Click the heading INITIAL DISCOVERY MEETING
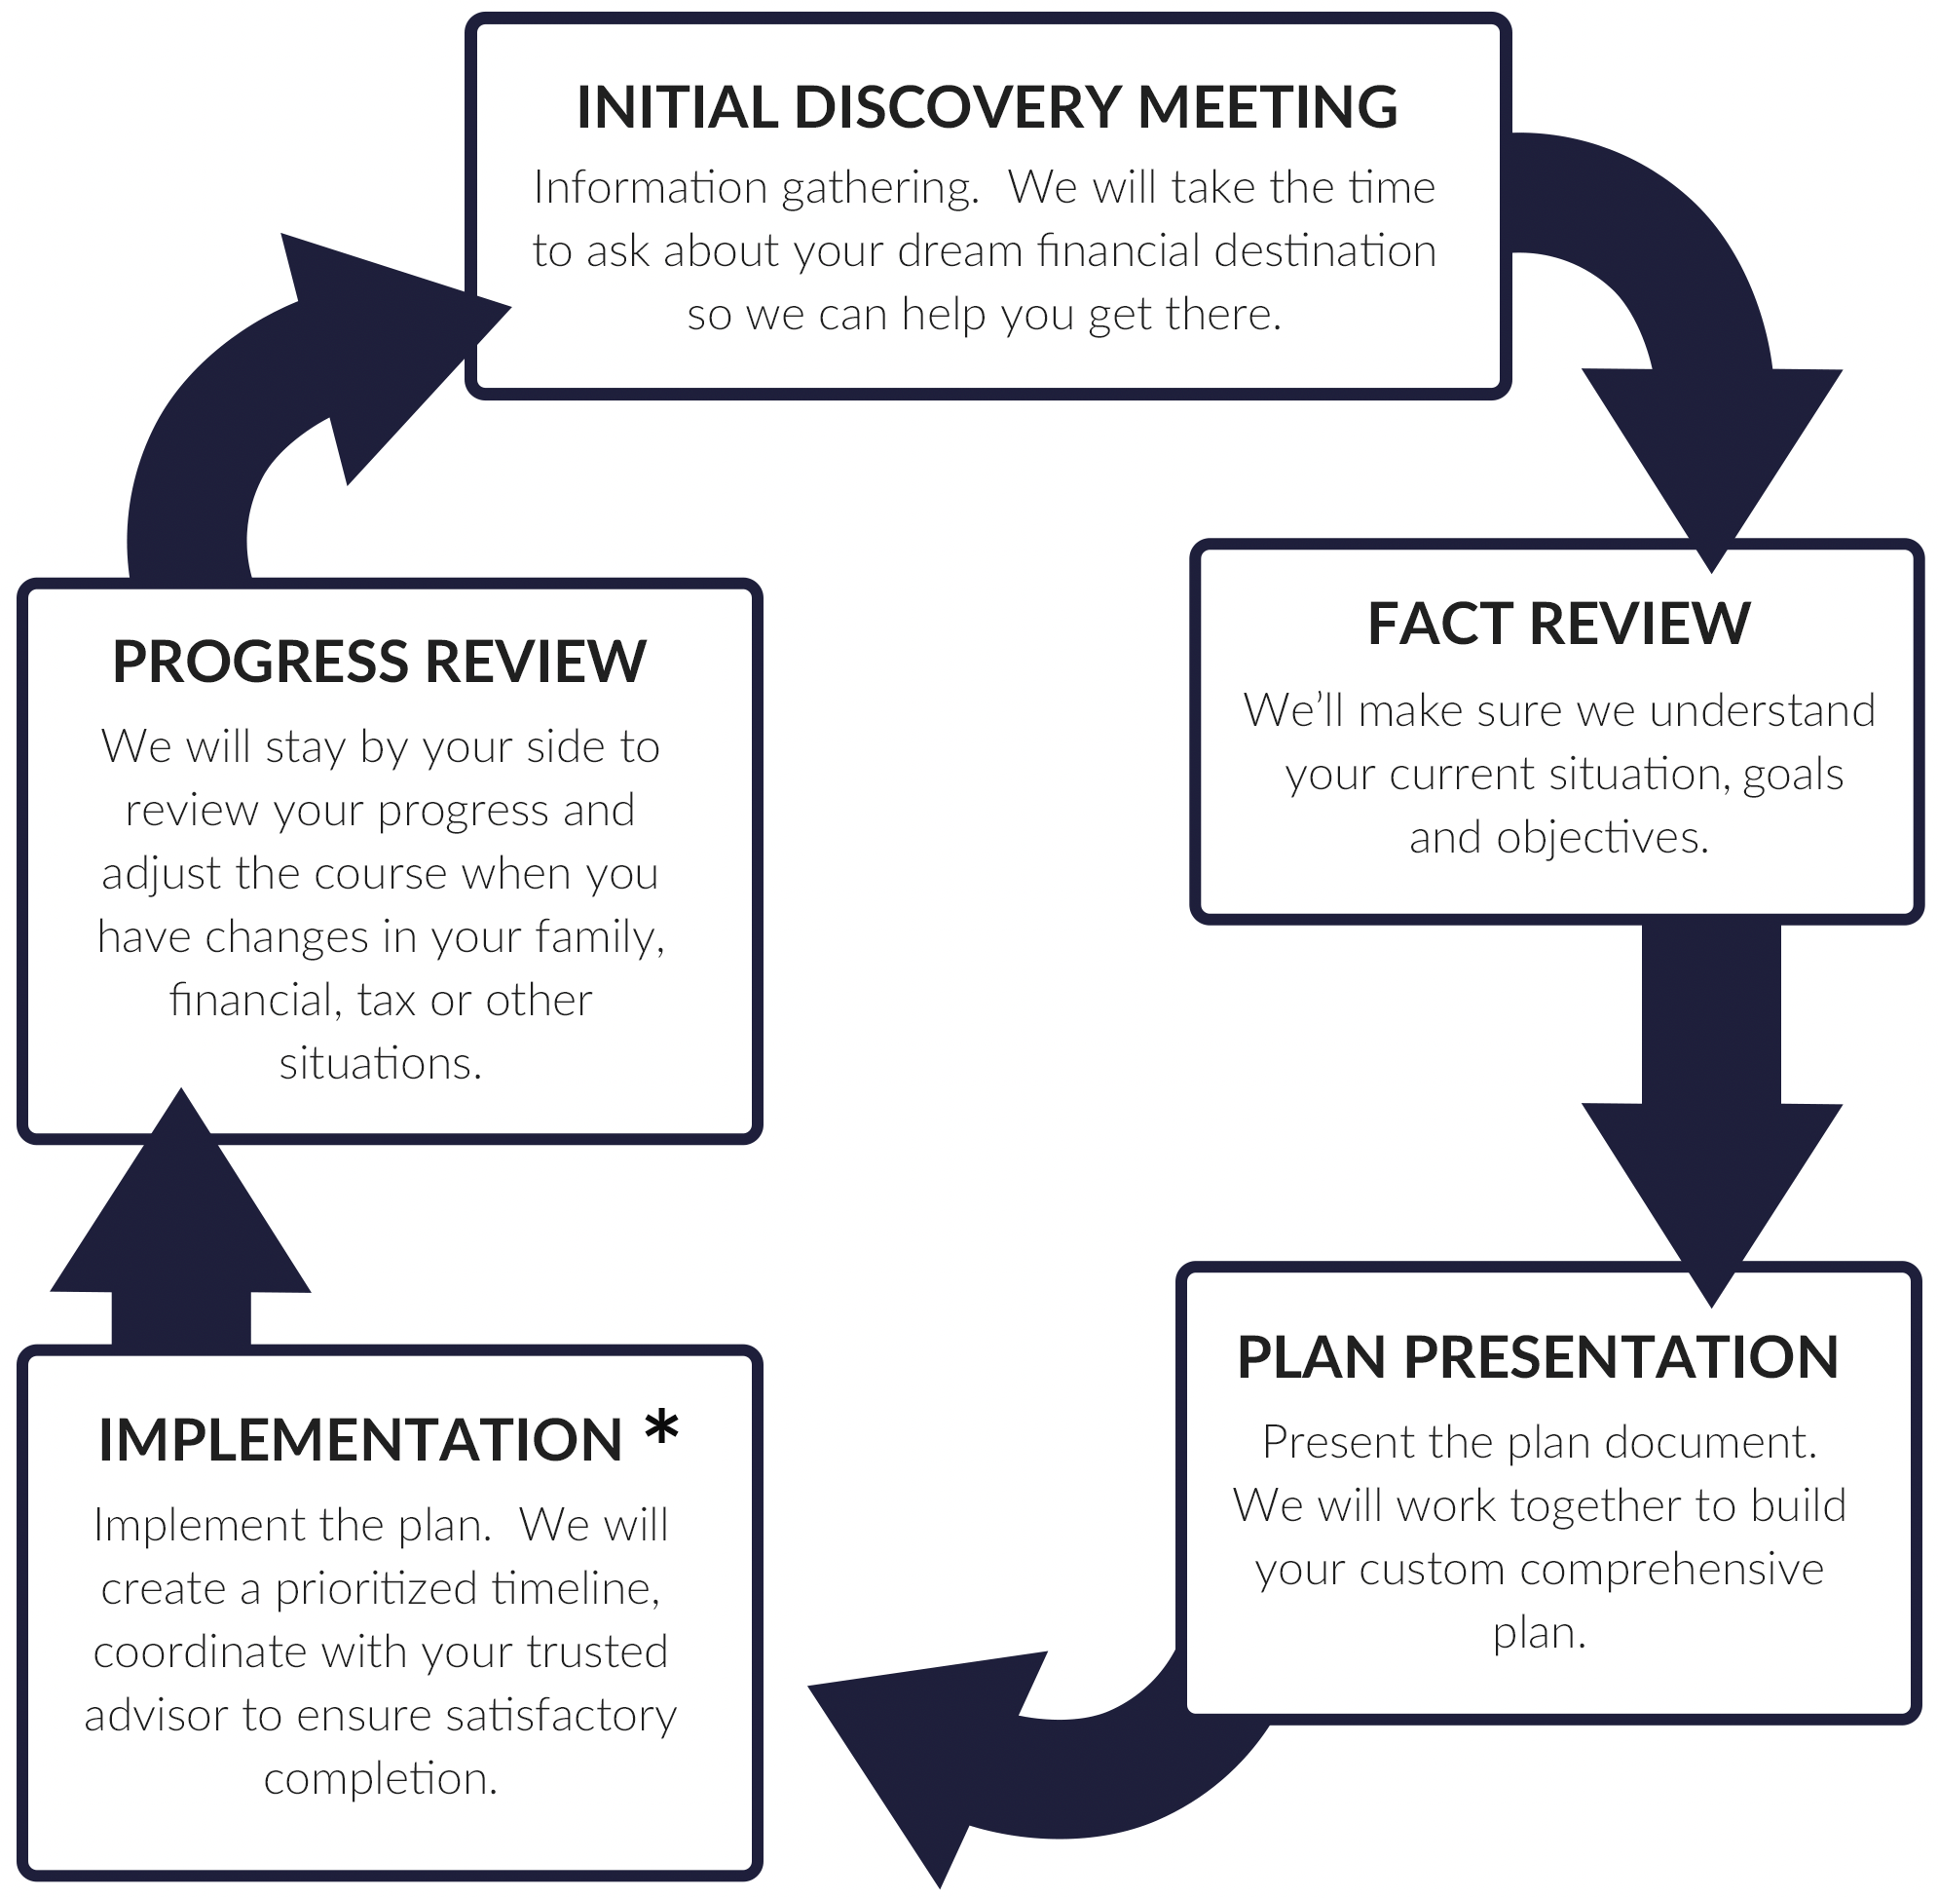tap(987, 106)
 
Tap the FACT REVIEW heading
tap(1557, 624)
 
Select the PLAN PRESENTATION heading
tap(1537, 1357)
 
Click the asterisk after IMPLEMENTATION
tap(660, 1429)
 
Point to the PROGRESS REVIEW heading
tap(379, 662)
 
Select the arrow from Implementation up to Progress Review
tap(180, 1236)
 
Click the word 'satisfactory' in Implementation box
tap(561, 1716)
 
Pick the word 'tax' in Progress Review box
tap(388, 1001)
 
